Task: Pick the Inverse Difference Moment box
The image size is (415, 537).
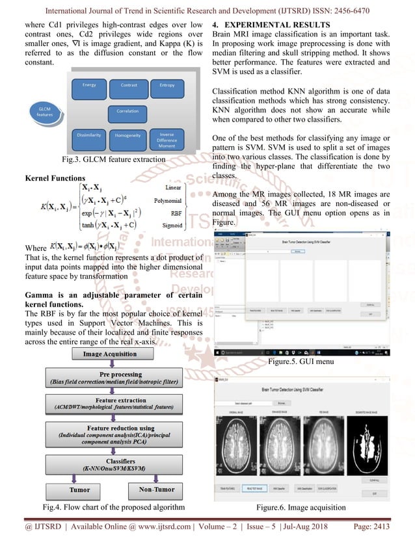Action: point(167,138)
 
